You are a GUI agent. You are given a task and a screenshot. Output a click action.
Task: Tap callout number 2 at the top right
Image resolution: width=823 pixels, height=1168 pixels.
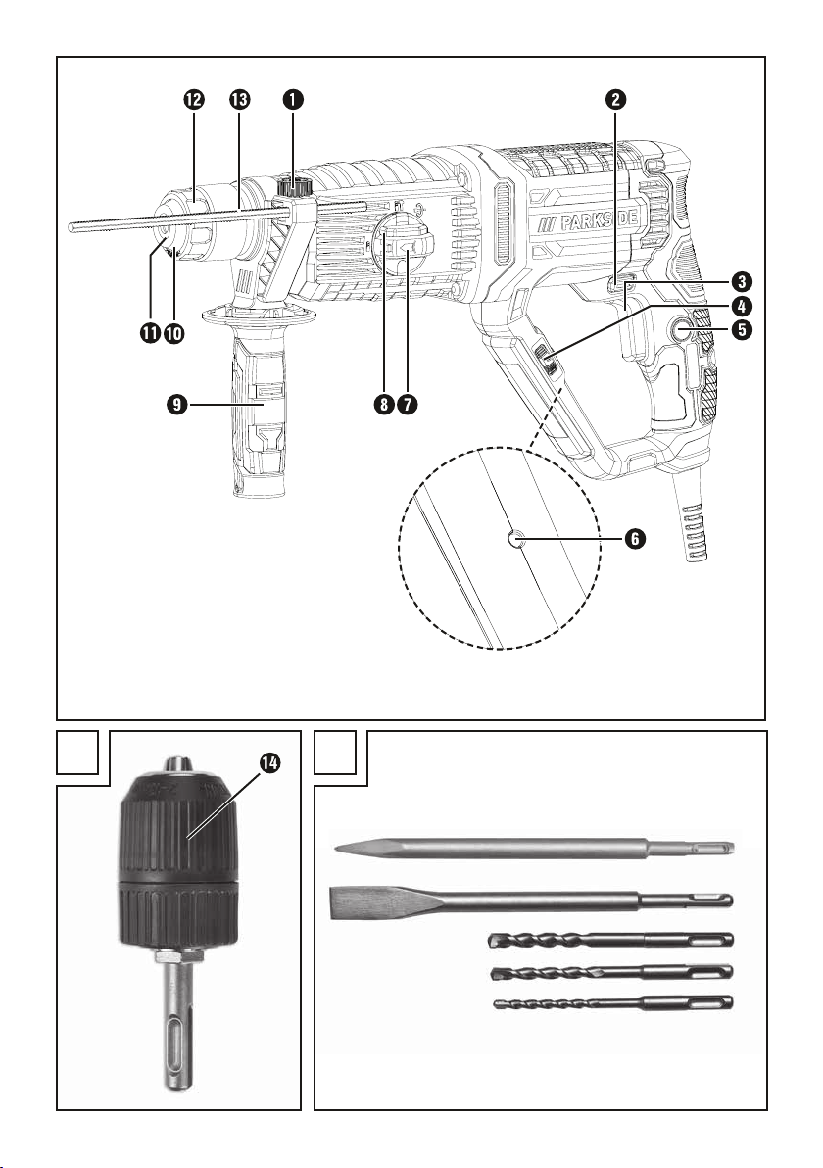[x=615, y=99]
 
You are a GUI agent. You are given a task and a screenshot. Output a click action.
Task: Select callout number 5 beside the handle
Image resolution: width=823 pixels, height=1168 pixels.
[x=741, y=328]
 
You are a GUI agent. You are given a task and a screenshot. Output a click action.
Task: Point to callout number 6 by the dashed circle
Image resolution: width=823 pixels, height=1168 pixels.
[x=634, y=538]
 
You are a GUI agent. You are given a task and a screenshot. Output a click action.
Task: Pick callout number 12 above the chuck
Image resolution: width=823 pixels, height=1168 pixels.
[x=194, y=99]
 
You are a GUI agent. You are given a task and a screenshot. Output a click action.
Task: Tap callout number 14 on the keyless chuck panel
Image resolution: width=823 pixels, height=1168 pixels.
[x=269, y=762]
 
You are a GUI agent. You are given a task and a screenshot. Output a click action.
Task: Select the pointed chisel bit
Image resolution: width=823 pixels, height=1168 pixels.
[x=535, y=848]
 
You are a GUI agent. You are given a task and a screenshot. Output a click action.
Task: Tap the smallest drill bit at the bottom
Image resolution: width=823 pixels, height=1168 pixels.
[x=613, y=1003]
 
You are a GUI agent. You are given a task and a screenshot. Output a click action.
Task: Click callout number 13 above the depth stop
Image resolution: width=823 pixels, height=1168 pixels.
[x=240, y=99]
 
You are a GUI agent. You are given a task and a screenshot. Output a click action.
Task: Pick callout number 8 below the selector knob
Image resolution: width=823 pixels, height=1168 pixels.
[x=384, y=405]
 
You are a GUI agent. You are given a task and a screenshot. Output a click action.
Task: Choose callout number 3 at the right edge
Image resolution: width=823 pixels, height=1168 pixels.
[x=741, y=281]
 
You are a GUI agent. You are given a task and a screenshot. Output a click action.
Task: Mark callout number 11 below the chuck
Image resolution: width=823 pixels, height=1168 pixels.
[x=151, y=333]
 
